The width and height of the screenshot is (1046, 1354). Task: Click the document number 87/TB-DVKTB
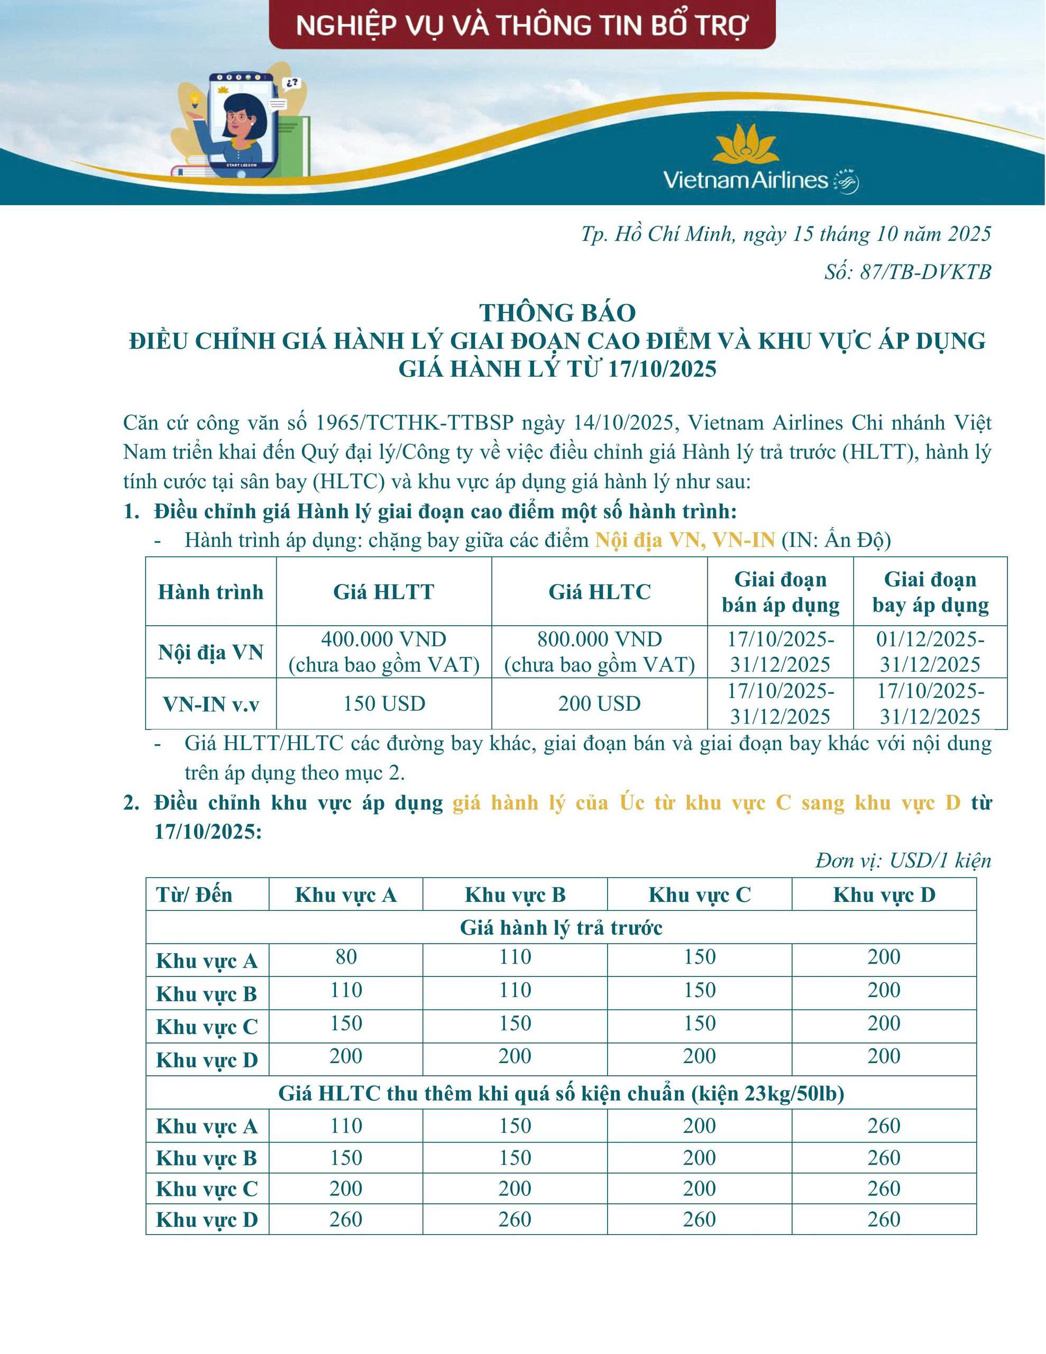pyautogui.click(x=908, y=271)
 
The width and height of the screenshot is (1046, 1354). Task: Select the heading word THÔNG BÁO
pyautogui.click(x=557, y=313)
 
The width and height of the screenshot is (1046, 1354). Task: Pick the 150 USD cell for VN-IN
pyautogui.click(x=384, y=703)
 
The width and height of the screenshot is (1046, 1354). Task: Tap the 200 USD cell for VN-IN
pyautogui.click(x=599, y=703)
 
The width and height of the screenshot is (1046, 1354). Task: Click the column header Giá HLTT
pyautogui.click(x=384, y=592)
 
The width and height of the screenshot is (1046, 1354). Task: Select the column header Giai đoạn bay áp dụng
pyautogui.click(x=930, y=592)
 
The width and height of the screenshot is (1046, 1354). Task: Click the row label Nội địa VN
pyautogui.click(x=211, y=652)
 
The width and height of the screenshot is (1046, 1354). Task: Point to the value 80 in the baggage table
pyautogui.click(x=346, y=957)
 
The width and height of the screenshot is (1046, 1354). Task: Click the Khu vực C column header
pyautogui.click(x=700, y=894)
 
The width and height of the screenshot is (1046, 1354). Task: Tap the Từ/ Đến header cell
pyautogui.click(x=195, y=894)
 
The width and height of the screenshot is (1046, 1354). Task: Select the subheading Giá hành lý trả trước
pyautogui.click(x=561, y=928)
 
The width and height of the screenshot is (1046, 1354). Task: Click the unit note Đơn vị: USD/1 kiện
pyautogui.click(x=903, y=861)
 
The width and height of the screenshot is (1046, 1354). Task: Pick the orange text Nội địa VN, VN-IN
pyautogui.click(x=684, y=541)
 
